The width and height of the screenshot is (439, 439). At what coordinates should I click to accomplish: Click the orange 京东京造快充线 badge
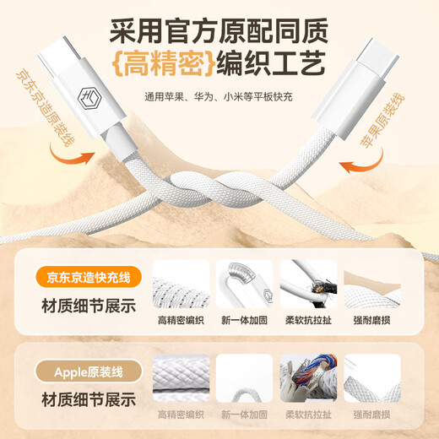tap(89, 278)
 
